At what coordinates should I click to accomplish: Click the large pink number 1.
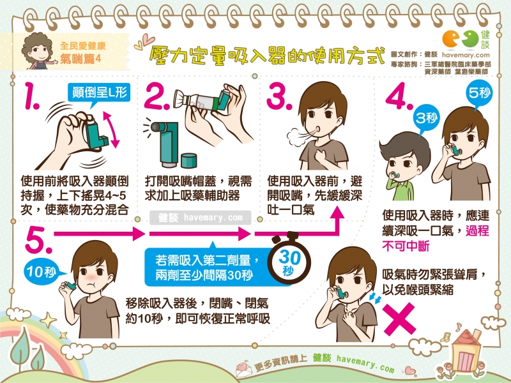[31, 95]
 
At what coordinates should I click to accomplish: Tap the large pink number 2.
[155, 96]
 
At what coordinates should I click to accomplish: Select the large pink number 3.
[278, 96]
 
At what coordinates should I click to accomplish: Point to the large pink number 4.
[398, 96]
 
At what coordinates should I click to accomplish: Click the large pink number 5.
[38, 240]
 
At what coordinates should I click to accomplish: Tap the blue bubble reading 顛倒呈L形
[99, 94]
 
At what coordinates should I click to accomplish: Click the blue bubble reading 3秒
[426, 119]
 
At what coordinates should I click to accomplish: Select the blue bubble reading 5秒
[479, 94]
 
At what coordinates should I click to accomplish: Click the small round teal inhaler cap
[188, 161]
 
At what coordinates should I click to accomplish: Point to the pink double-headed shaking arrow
[111, 130]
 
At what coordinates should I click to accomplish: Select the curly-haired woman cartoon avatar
[38, 52]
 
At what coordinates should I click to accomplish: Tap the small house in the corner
[466, 350]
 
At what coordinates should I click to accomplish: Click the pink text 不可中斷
[406, 246]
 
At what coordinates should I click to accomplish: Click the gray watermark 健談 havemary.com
[201, 218]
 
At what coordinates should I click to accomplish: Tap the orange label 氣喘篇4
[80, 59]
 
